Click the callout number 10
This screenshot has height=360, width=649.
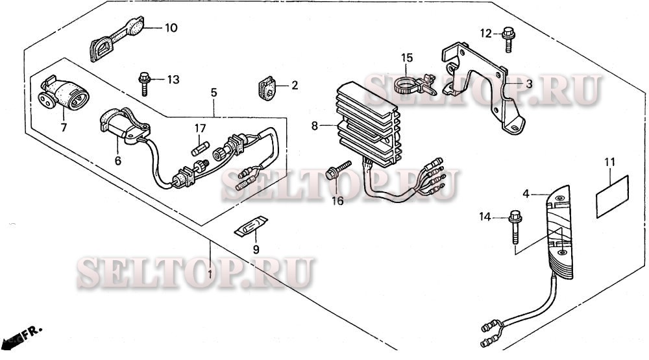170,28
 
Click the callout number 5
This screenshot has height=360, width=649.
214,93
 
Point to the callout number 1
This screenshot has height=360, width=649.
210,274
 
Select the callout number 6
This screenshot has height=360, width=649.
117,160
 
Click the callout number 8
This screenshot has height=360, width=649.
314,126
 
